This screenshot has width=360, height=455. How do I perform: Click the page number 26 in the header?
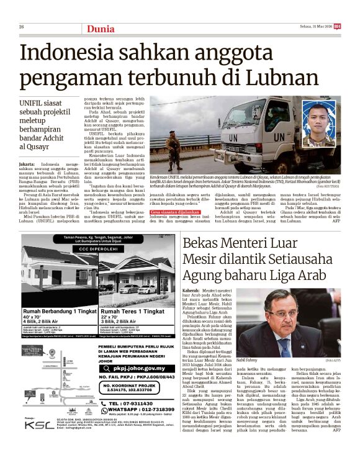click(22, 27)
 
